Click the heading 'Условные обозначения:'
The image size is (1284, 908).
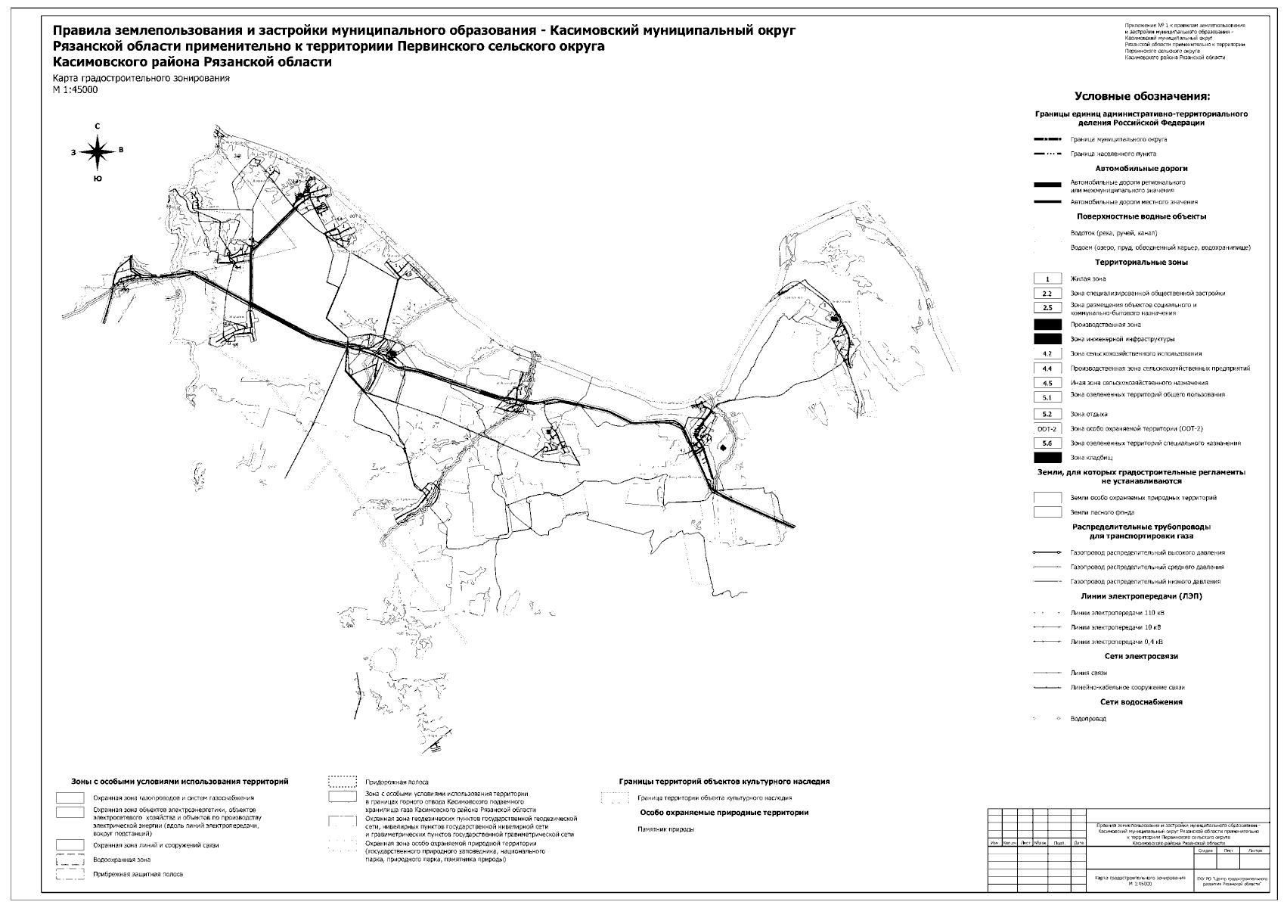[x=1142, y=97]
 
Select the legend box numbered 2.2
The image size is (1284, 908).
[x=1047, y=294]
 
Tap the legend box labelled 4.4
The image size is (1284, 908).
[x=1047, y=368]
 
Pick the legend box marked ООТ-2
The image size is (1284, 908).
[x=1047, y=429]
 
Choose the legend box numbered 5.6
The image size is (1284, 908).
[x=1047, y=443]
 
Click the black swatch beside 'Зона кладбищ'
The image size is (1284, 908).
[x=1047, y=458]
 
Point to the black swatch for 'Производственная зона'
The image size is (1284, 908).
[x=1047, y=324]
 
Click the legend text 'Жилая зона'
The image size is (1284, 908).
[x=1087, y=279]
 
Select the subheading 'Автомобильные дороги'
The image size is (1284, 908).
[x=1141, y=169]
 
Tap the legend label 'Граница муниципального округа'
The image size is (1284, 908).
[x=1118, y=140]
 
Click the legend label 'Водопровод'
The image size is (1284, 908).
[x=1088, y=719]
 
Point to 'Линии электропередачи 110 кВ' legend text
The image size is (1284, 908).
[x=1118, y=613]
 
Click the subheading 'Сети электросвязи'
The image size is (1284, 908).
[x=1141, y=657]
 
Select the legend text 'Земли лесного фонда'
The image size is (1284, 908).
[x=1102, y=513]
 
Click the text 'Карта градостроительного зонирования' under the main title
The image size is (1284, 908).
[x=141, y=79]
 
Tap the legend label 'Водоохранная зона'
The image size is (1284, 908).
[x=122, y=860]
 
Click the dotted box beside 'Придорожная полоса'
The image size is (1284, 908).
[x=342, y=781]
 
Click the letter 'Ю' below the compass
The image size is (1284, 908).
[x=97, y=179]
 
